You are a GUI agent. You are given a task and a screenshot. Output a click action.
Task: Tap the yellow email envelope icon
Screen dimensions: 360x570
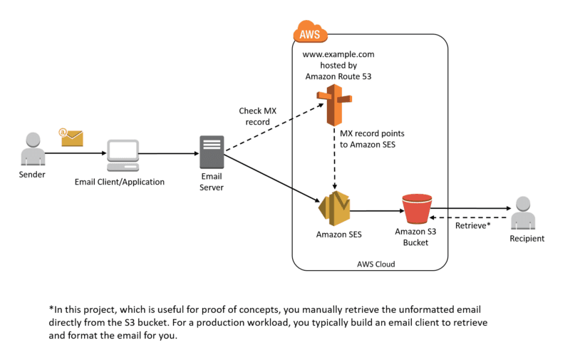click(x=71, y=137)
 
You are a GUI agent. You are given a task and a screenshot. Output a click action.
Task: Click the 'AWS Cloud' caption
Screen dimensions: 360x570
click(x=375, y=264)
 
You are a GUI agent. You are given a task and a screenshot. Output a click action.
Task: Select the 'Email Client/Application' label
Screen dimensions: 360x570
click(x=120, y=182)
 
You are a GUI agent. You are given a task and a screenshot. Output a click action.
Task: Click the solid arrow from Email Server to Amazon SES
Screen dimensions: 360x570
click(x=271, y=178)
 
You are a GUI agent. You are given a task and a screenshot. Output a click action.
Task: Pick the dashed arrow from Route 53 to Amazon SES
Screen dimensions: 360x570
click(x=331, y=160)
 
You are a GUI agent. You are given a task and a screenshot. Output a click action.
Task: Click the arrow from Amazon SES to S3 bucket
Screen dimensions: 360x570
click(x=374, y=210)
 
